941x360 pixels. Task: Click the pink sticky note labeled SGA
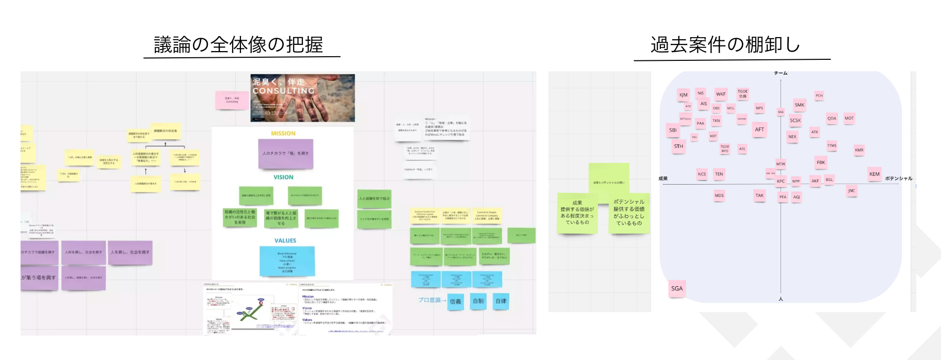pos(677,289)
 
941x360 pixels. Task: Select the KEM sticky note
pos(874,174)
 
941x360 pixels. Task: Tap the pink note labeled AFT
pos(759,129)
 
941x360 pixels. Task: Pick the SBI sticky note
pos(673,130)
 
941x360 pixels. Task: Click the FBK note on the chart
pos(821,162)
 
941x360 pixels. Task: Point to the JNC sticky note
pos(851,191)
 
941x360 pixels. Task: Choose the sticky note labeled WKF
pos(721,94)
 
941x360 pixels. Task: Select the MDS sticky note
pos(719,195)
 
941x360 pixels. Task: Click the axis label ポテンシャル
pos(899,178)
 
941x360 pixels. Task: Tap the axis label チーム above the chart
pos(781,73)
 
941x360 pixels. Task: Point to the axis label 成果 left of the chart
pos(663,178)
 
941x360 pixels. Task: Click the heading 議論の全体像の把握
pos(238,45)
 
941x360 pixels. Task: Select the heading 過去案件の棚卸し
pos(725,45)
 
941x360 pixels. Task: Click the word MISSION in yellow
pos(283,134)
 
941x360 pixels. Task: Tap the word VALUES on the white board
pos(285,240)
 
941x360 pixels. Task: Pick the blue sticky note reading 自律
pos(500,301)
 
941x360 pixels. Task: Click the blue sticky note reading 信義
pos(456,302)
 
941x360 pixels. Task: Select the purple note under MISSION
pos(285,154)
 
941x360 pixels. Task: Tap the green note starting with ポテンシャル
pos(629,212)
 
